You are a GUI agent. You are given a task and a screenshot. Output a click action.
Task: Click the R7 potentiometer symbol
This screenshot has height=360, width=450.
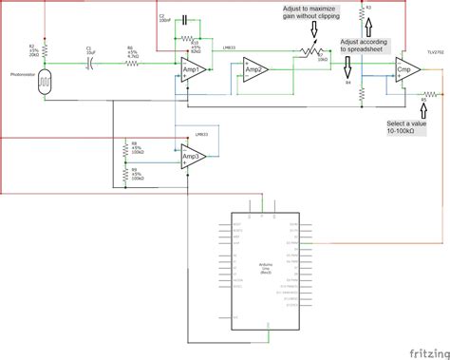click(307, 53)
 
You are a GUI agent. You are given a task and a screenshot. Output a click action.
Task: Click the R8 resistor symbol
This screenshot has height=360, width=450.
click(124, 148)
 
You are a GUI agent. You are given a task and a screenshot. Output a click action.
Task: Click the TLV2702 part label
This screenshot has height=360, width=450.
click(433, 53)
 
